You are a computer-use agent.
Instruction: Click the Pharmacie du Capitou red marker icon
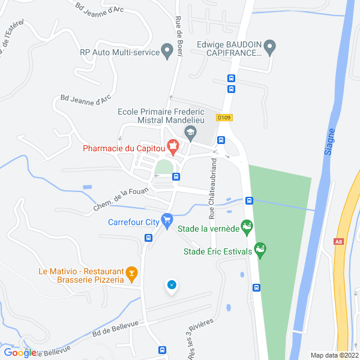(x=173, y=145)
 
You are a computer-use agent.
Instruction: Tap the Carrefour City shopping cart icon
(x=167, y=221)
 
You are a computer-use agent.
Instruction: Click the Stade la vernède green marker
(x=247, y=227)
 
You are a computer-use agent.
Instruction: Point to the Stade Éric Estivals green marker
(x=260, y=249)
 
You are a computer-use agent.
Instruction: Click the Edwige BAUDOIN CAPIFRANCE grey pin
(x=270, y=47)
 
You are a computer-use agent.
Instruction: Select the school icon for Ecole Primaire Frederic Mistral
(x=190, y=133)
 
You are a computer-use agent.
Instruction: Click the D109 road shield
(x=224, y=118)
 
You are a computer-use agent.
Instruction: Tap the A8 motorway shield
(x=339, y=242)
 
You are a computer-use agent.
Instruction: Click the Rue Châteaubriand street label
(x=211, y=186)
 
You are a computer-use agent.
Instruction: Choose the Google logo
(x=19, y=353)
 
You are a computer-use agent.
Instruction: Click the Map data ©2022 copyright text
(x=334, y=355)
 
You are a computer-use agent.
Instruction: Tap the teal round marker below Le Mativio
(x=172, y=285)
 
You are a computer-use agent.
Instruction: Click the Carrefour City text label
(x=133, y=221)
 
